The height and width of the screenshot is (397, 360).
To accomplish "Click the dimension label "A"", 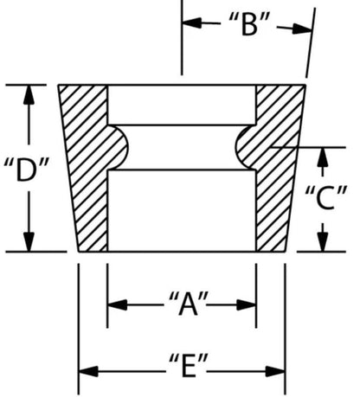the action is coord(189,304).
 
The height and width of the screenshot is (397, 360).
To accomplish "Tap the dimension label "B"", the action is coord(249,24).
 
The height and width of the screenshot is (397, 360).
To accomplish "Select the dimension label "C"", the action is coord(325,197).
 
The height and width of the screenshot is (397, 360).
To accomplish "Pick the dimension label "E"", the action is coord(189,365).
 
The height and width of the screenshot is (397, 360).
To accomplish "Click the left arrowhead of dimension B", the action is coord(192,22).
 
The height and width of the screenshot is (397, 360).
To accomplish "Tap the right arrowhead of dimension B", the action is coord(302,29).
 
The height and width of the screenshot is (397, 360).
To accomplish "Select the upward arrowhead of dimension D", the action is coord(29,95).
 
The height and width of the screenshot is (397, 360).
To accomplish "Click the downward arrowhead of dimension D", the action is coord(29,241).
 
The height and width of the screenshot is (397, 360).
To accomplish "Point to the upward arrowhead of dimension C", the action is coord(323,157).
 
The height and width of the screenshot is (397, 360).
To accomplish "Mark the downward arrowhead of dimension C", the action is coord(324,241).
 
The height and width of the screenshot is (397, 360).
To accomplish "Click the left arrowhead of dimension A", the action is coord(118,304).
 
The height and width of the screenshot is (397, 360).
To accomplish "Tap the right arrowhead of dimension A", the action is coord(246,304).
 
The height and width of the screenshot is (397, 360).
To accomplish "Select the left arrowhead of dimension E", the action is coord(88,371).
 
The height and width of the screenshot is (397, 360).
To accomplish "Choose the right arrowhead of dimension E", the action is coord(275,371).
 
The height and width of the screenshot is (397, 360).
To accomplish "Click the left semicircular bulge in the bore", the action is coord(118,148).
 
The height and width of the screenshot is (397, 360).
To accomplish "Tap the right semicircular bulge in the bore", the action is coord(246,148).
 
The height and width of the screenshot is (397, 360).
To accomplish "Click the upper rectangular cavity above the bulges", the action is coord(182,106).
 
